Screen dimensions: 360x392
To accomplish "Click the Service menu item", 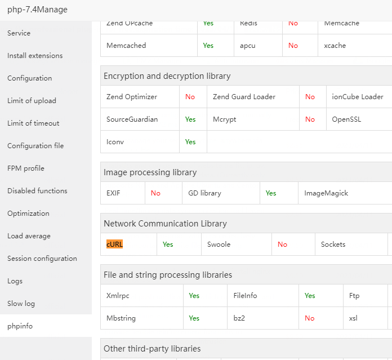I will click(x=19, y=33).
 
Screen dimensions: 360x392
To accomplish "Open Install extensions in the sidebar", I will click(x=35, y=56).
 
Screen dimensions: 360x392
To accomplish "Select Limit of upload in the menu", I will click(x=32, y=101).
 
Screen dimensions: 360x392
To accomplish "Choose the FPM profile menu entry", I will click(x=26, y=168).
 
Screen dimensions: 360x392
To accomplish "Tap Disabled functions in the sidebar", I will click(x=37, y=191).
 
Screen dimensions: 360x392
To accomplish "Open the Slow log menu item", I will click(x=21, y=304).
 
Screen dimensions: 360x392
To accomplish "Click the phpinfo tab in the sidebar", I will click(x=20, y=326).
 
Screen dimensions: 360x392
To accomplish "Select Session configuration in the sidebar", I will click(x=42, y=259).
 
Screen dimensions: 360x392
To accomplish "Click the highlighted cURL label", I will click(x=114, y=245).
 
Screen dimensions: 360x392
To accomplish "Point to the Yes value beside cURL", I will click(x=168, y=245).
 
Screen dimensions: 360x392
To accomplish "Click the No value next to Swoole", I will click(x=282, y=245).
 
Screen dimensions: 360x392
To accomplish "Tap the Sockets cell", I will click(x=333, y=245).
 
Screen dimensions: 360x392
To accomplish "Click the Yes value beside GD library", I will click(x=271, y=193).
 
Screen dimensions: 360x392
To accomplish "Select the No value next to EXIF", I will click(x=155, y=193).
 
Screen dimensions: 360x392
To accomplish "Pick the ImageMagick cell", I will click(x=326, y=193).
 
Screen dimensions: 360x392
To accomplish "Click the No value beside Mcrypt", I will click(x=310, y=119).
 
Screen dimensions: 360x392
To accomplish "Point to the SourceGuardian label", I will click(x=132, y=119).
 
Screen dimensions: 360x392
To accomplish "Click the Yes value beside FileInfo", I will click(x=310, y=296).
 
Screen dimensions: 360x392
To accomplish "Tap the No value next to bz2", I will click(x=310, y=318).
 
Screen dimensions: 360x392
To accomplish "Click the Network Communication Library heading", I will click(x=165, y=224).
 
